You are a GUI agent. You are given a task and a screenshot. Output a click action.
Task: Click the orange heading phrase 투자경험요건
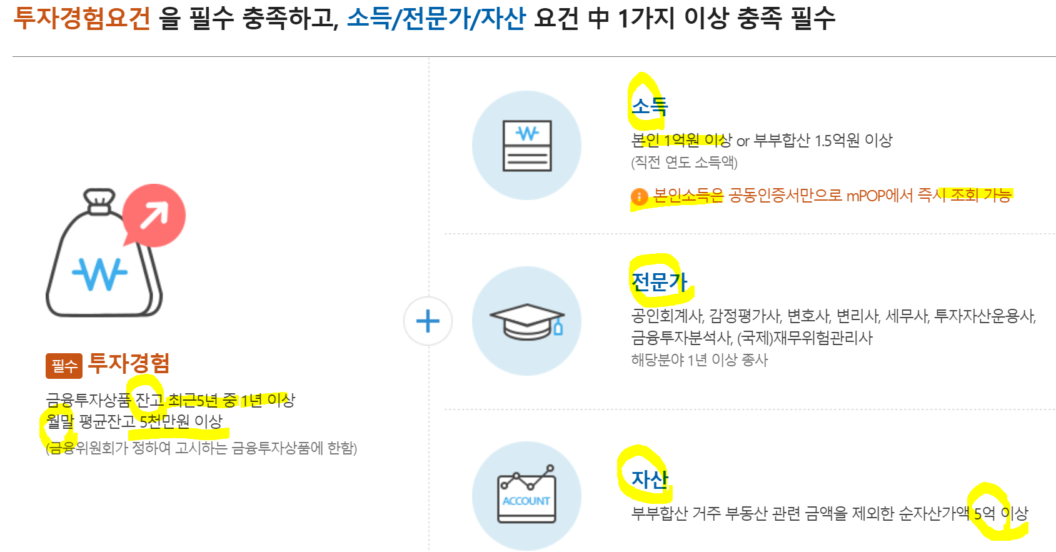(x=82, y=18)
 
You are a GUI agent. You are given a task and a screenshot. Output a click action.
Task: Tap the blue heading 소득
(x=650, y=106)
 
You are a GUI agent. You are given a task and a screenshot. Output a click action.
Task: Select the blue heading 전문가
(x=659, y=281)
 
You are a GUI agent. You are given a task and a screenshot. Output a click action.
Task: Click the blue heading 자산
(x=650, y=479)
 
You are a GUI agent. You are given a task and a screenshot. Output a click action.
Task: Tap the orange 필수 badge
(x=64, y=366)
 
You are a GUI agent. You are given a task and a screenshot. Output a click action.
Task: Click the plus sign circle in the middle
(x=428, y=321)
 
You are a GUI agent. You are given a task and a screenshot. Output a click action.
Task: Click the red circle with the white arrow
(x=154, y=215)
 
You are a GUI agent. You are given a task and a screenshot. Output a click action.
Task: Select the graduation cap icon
(x=526, y=321)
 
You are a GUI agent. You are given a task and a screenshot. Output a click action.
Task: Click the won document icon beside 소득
(x=526, y=146)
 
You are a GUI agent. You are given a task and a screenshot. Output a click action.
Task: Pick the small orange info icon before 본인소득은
(x=639, y=196)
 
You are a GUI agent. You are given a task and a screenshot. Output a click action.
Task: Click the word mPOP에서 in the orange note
(x=880, y=196)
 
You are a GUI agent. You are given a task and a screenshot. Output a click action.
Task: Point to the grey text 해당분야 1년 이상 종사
(x=699, y=360)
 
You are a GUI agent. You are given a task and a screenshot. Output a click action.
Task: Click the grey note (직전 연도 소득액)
(x=684, y=163)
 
